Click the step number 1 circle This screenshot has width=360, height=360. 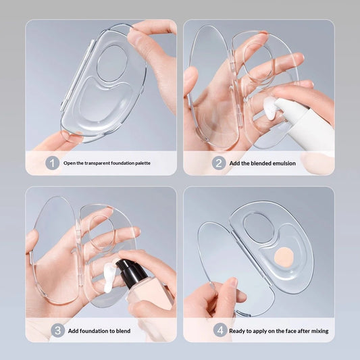pyautogui.click(x=53, y=163)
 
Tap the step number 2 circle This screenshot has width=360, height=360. pyautogui.click(x=219, y=163)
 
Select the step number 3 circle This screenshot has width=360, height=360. pyautogui.click(x=57, y=330)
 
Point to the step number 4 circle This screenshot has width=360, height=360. pyautogui.click(x=220, y=330)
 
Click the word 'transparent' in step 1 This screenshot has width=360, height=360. pyautogui.click(x=97, y=163)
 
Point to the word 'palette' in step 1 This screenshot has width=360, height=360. pyautogui.click(x=143, y=163)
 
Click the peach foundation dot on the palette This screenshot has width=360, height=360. pyautogui.click(x=284, y=256)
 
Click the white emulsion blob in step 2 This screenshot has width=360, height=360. pyautogui.click(x=271, y=108)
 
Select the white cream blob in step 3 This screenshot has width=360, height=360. pyautogui.click(x=109, y=278)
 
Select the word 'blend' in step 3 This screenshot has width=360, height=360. pyautogui.click(x=123, y=331)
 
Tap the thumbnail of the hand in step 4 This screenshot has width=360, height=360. pyautogui.click(x=234, y=282)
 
